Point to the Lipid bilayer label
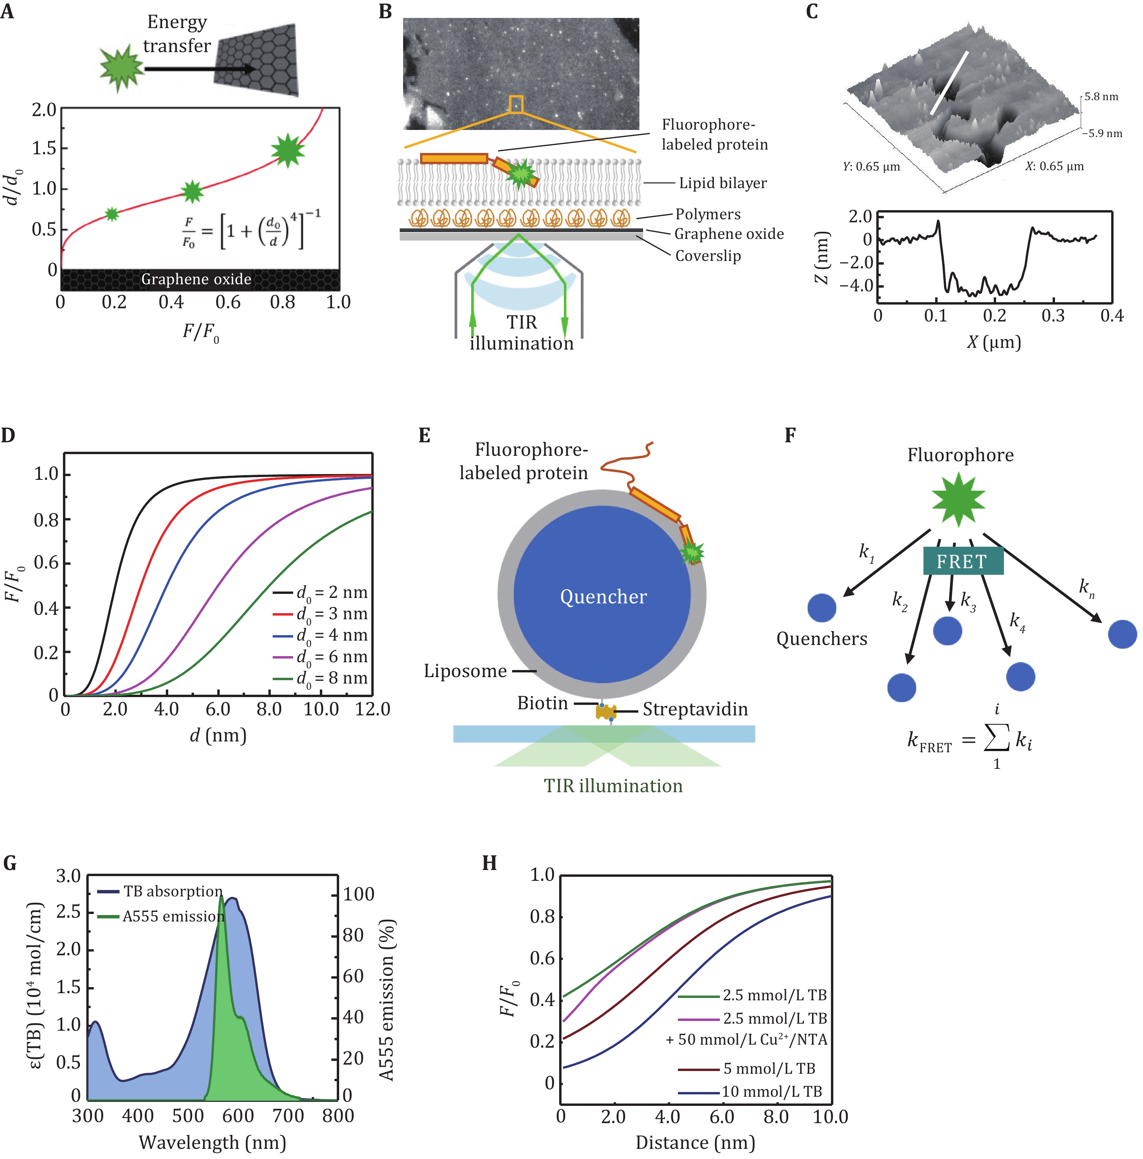coord(722,183)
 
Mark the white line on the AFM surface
coord(949,83)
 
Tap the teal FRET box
coord(962,561)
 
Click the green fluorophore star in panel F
coord(958,499)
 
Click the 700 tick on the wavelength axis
coord(288,1116)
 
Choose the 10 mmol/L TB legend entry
coord(772,1091)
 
